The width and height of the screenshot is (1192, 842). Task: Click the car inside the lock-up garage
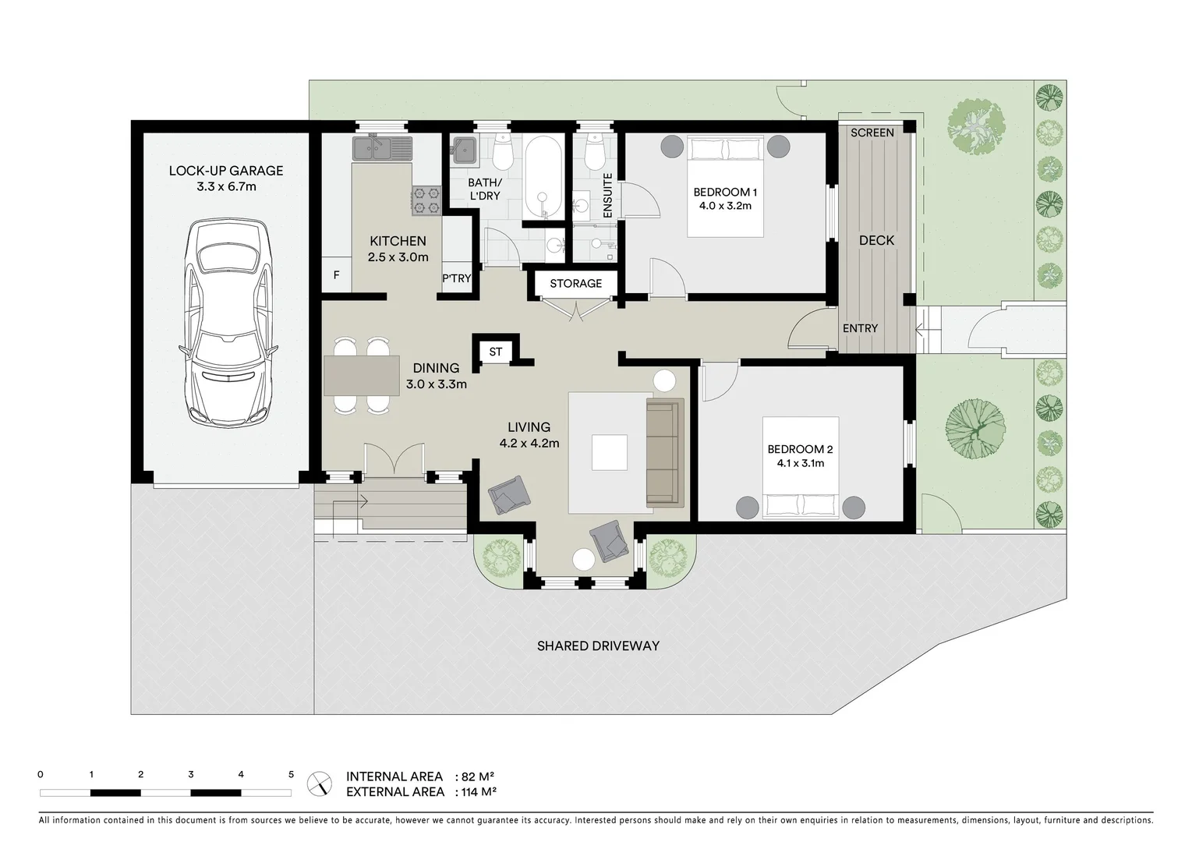226,321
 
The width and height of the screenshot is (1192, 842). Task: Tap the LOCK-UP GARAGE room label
226,171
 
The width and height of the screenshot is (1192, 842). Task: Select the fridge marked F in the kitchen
336,275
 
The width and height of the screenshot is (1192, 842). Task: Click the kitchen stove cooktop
426,200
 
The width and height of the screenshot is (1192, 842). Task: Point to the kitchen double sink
381,147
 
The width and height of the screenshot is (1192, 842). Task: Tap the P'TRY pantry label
457,278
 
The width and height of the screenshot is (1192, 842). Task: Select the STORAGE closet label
575,283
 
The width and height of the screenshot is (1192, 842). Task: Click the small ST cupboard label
496,352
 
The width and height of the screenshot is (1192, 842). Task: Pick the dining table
362,375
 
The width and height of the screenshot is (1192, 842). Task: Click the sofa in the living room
664,452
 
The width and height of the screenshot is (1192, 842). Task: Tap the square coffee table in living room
609,452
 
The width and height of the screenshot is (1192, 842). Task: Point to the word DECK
876,240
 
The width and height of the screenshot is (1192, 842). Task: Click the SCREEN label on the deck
872,133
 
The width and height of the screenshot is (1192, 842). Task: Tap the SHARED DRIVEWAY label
598,646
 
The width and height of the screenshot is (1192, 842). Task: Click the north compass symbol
320,783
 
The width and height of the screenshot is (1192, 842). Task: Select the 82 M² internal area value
478,777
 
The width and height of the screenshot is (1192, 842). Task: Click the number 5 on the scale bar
291,775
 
